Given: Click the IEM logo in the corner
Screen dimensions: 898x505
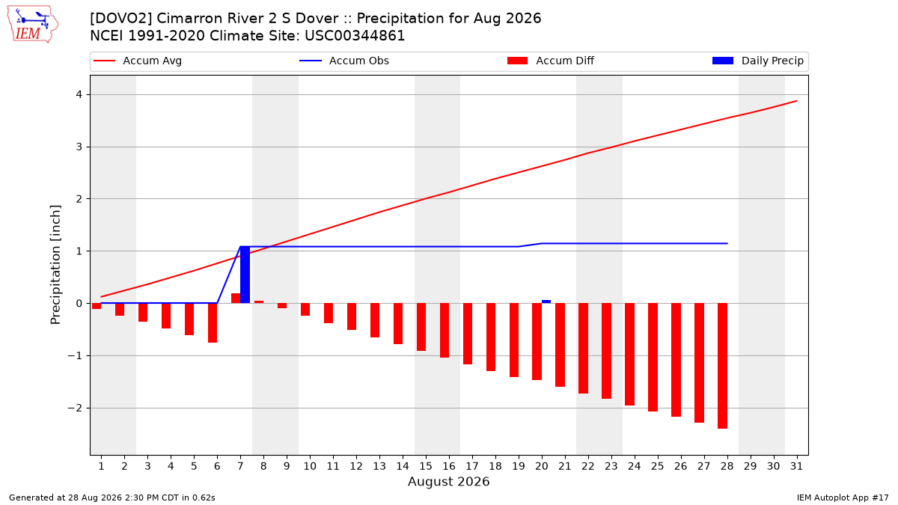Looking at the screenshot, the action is pyautogui.click(x=32, y=25).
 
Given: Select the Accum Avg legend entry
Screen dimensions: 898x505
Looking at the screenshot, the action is pyautogui.click(x=138, y=61).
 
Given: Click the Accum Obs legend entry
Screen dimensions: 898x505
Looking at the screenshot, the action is pyautogui.click(x=344, y=61).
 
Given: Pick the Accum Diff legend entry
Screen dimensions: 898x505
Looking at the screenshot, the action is pyautogui.click(x=551, y=61).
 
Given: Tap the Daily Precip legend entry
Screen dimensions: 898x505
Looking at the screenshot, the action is pyautogui.click(x=758, y=61).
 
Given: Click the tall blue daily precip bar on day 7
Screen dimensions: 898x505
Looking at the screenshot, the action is pyautogui.click(x=245, y=275).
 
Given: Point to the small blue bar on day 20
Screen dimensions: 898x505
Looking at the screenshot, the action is pyautogui.click(x=546, y=302).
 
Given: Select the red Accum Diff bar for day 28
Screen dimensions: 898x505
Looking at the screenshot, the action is pyautogui.click(x=722, y=366).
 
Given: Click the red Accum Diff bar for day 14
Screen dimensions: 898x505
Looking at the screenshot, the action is pyautogui.click(x=398, y=323).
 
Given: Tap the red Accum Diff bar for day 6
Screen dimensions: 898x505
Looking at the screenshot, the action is pyautogui.click(x=213, y=323).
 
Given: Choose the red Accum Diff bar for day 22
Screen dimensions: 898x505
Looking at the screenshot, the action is pyautogui.click(x=583, y=349).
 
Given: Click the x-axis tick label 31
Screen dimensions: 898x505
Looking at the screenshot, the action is pyautogui.click(x=796, y=466).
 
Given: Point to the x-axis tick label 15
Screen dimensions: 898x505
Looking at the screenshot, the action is pyautogui.click(x=426, y=466).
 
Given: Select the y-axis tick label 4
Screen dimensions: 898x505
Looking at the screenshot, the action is pyautogui.click(x=79, y=94).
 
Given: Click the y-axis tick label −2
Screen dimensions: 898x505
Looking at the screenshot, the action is pyautogui.click(x=75, y=408).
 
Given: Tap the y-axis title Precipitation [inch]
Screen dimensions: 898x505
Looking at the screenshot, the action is pyautogui.click(x=55, y=265).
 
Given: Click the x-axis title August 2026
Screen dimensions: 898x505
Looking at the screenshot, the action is pyautogui.click(x=448, y=481).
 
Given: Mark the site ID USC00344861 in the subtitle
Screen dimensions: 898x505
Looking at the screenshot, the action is pyautogui.click(x=355, y=36).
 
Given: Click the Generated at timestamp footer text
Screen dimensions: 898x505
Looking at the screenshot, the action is pyautogui.click(x=112, y=498).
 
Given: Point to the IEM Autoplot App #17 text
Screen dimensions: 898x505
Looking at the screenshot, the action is pyautogui.click(x=843, y=498).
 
